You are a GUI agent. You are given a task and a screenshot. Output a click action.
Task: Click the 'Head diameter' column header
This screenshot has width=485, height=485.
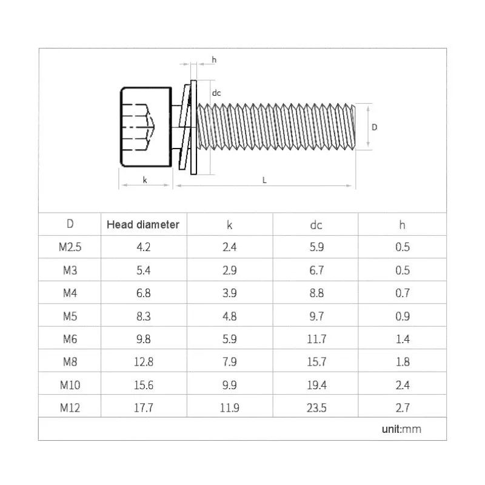click(143, 224)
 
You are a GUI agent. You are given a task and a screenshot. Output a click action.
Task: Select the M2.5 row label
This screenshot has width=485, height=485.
click(70, 247)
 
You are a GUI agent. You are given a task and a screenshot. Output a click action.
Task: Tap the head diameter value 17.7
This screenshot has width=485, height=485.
click(143, 408)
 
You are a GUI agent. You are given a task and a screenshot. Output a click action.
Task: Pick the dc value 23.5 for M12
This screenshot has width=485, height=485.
click(316, 408)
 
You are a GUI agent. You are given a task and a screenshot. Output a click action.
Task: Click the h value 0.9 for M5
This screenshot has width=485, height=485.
click(403, 316)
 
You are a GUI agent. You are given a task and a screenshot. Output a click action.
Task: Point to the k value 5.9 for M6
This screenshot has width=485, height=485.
click(229, 339)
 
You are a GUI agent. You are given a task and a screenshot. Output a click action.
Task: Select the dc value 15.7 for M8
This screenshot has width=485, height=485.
click(316, 362)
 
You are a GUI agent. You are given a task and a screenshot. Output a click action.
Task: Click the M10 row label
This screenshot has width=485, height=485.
click(70, 385)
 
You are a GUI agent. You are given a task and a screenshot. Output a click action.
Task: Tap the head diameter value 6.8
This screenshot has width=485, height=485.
click(143, 293)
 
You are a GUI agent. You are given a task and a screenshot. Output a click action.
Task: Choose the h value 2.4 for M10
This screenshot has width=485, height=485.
click(403, 385)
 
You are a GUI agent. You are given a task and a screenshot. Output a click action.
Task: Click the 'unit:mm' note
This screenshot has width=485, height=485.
click(401, 429)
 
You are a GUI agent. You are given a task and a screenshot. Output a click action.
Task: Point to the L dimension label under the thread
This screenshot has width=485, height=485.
click(265, 180)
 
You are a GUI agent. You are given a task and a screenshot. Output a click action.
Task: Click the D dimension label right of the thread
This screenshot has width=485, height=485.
click(375, 127)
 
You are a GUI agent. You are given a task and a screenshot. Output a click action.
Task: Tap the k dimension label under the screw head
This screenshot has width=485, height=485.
click(145, 179)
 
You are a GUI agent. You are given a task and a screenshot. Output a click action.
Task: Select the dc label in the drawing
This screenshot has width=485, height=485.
click(216, 93)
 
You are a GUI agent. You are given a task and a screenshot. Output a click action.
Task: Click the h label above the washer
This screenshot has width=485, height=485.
click(214, 59)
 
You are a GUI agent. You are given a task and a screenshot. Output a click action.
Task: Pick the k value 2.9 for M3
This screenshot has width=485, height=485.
click(229, 270)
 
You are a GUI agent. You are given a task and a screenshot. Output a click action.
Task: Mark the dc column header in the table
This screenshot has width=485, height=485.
click(316, 224)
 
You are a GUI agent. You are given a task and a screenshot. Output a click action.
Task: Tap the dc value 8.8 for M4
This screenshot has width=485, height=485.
click(316, 293)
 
